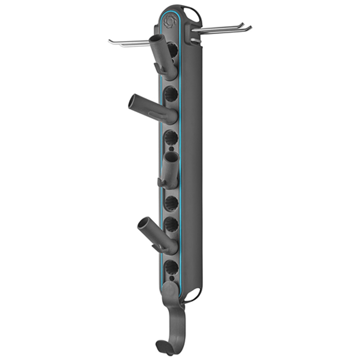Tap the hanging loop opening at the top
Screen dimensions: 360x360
191,12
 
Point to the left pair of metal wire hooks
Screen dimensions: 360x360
130,42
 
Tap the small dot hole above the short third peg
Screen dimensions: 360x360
171,148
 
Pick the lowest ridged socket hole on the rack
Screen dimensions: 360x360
171,267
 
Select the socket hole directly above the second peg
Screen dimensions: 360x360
171,94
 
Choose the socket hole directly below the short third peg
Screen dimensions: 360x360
171,202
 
